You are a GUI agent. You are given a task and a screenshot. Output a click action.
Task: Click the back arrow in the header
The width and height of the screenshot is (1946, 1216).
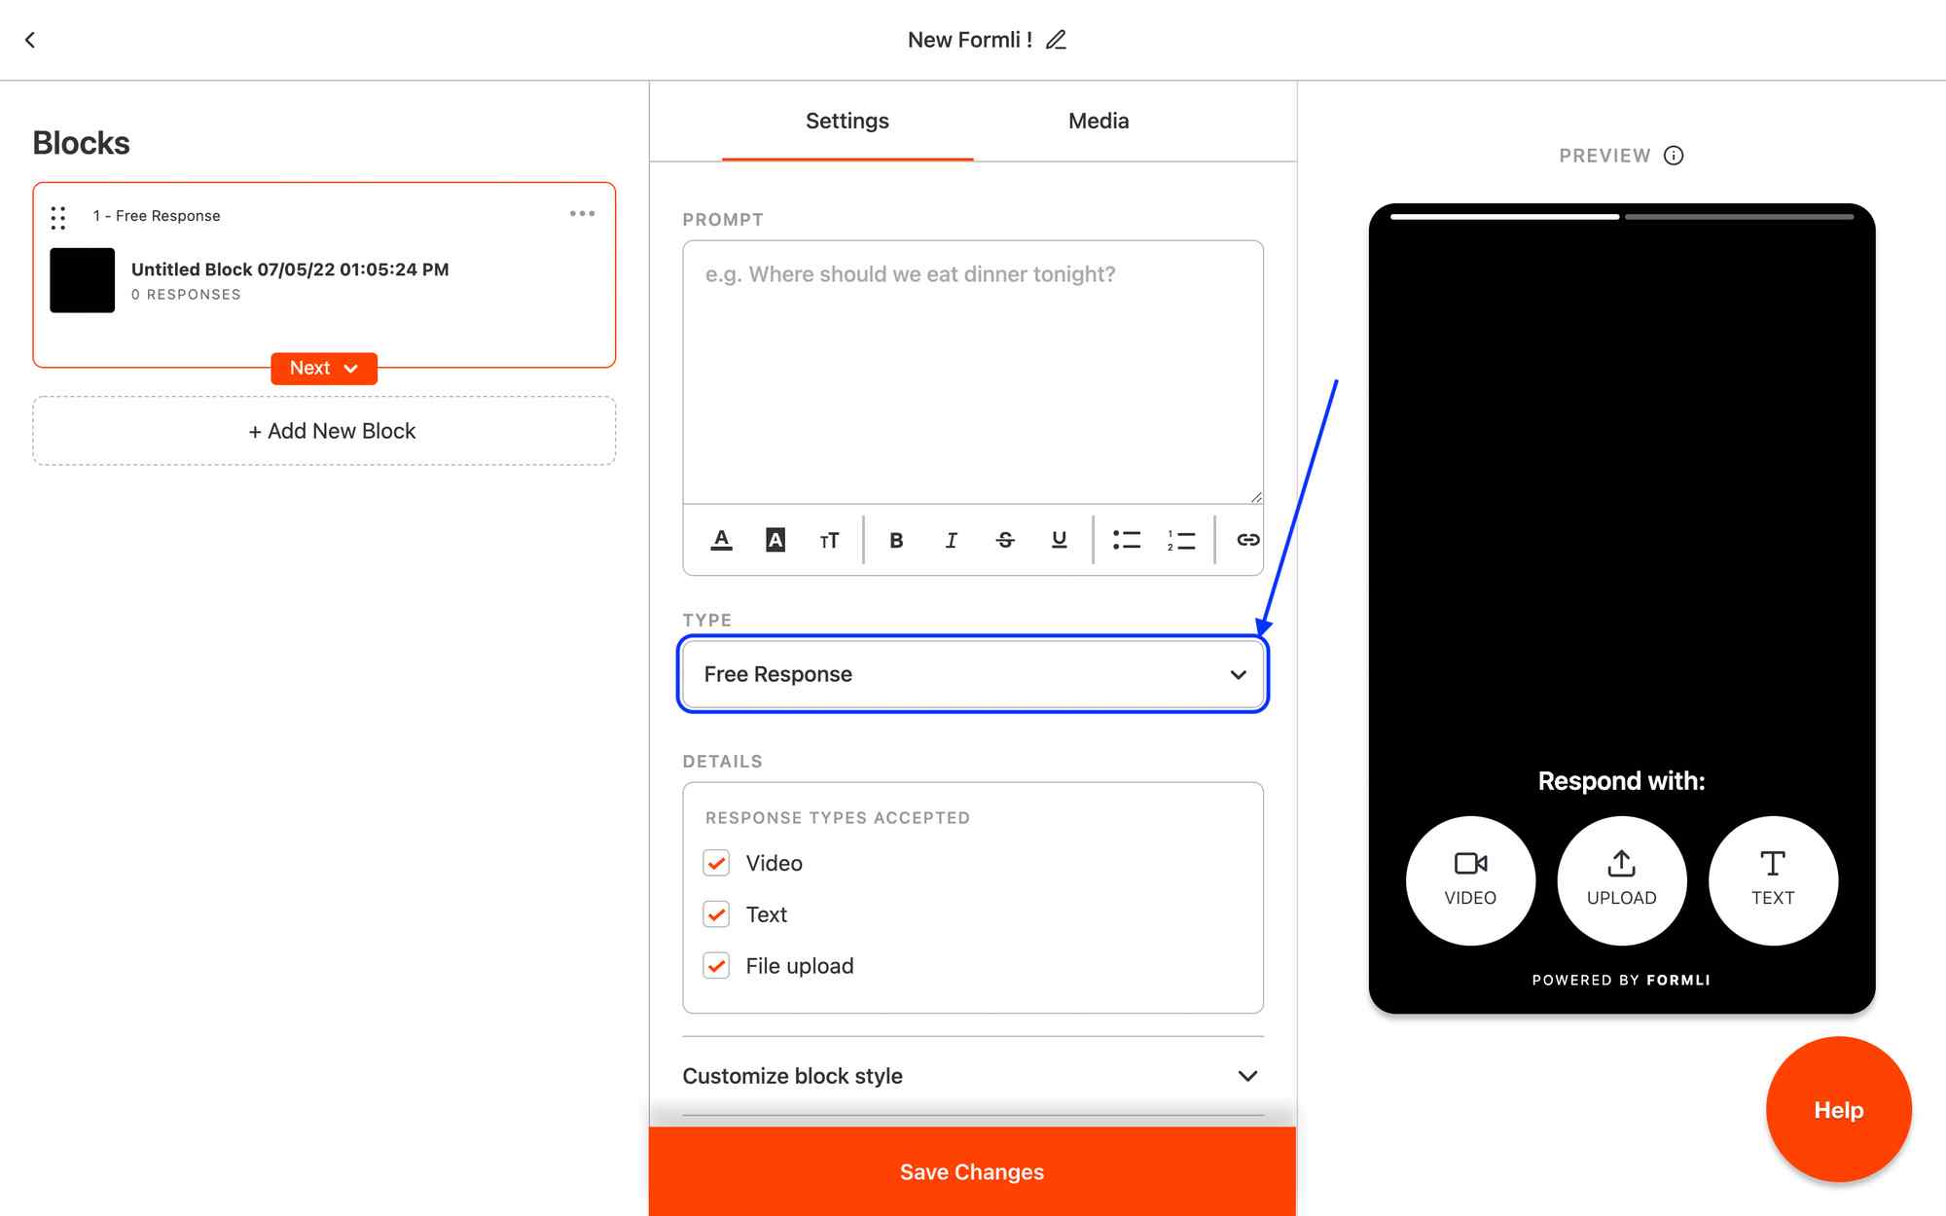point(30,40)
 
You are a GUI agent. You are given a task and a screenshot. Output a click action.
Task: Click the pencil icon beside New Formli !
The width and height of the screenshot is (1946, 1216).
point(1056,40)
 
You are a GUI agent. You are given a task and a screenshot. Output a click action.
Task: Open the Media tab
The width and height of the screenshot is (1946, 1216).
point(1099,121)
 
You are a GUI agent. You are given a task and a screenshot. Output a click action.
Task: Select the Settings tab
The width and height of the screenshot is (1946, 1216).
point(847,121)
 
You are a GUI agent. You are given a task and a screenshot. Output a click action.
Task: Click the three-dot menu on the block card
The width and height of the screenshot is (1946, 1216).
point(582,214)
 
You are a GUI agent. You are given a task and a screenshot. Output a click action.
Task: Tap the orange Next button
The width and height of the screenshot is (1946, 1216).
point(324,368)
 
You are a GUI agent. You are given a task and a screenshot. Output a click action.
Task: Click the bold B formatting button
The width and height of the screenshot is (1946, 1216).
point(896,540)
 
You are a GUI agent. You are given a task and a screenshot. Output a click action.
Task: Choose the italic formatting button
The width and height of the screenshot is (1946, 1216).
point(951,540)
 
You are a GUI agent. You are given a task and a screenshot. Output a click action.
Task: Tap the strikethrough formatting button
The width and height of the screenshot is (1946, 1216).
point(1005,540)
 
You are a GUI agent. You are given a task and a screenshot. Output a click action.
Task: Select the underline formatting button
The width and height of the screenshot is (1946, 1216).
point(1060,540)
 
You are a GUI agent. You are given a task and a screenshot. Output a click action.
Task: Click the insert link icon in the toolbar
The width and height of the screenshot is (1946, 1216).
point(1247,540)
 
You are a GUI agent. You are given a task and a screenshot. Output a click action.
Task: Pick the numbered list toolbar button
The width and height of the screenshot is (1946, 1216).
point(1181,540)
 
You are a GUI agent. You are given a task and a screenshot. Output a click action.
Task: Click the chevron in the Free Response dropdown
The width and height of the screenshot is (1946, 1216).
point(1239,674)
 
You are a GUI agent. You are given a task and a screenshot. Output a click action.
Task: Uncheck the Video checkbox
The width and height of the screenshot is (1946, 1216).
point(716,863)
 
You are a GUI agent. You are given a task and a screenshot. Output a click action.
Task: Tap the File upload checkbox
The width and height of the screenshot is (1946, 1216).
point(716,966)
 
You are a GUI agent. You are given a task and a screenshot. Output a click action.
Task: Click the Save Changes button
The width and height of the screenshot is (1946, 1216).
point(972,1171)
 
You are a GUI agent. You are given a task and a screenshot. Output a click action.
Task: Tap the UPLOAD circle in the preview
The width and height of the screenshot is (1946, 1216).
point(1622,880)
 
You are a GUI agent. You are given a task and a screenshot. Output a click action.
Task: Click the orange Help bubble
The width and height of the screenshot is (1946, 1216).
point(1839,1110)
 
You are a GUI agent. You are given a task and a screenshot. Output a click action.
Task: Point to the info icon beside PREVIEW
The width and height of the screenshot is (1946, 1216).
point(1674,156)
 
